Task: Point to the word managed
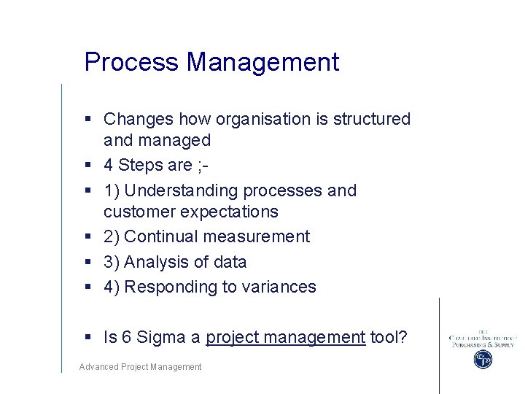176,140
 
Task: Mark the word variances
279,287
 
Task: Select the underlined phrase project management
285,337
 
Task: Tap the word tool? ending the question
388,337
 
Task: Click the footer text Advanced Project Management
140,367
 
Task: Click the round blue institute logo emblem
483,359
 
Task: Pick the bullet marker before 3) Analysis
87,262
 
